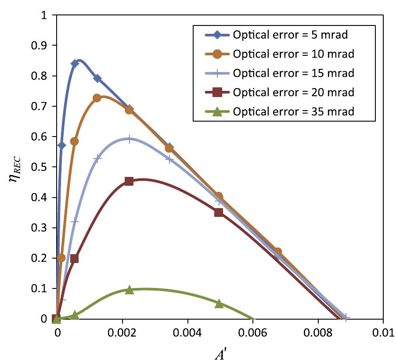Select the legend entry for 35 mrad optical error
293,112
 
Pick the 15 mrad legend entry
293,73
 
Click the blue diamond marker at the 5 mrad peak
75,63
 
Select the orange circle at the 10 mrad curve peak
97,98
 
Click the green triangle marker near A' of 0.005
219,303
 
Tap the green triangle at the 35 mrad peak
129,290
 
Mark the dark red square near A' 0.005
219,212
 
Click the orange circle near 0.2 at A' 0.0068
277,252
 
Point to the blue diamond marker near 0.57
61,145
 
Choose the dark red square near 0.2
74,259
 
